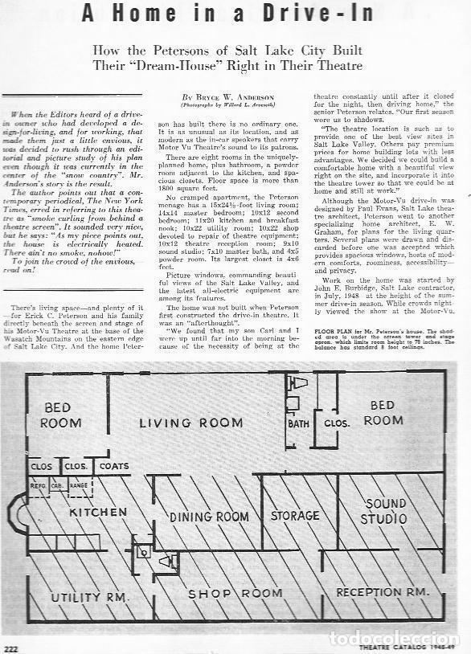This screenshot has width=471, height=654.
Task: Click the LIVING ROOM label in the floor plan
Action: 191,423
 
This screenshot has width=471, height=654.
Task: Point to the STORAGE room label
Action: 295,516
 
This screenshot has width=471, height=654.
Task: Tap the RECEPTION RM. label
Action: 382,592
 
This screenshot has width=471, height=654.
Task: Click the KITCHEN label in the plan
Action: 98,511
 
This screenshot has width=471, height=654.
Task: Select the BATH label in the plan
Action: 299,423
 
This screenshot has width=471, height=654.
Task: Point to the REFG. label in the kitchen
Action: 39,485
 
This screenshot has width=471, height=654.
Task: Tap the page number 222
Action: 11,647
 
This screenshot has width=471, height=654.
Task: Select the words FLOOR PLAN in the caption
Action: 330,330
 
